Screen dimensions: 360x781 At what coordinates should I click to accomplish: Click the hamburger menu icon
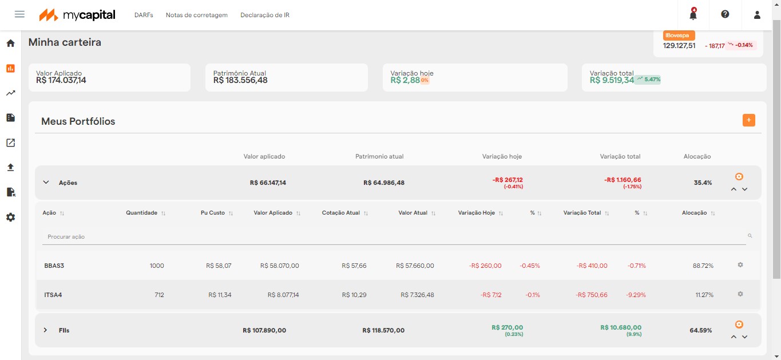19,14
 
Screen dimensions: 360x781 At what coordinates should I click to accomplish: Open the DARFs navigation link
144,15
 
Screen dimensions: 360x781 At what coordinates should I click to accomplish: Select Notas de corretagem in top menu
197,15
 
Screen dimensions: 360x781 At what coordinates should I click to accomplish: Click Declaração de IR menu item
265,15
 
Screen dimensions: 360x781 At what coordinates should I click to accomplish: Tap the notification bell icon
693,15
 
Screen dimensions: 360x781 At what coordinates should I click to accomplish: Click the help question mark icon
725,14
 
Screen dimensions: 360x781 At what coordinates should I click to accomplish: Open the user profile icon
757,15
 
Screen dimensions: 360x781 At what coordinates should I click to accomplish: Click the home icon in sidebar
10,43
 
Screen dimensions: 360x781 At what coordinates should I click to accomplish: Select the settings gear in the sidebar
10,217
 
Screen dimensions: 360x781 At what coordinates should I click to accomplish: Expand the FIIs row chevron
46,330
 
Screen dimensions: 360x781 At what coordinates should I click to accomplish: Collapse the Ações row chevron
46,183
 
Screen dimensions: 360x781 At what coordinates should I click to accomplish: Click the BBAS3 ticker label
54,266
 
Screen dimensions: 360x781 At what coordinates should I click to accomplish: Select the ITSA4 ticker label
53,295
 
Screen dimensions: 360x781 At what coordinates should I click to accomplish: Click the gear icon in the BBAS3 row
740,265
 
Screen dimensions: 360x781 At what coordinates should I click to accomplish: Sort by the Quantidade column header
142,213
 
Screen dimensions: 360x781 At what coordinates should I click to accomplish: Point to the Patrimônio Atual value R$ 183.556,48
240,81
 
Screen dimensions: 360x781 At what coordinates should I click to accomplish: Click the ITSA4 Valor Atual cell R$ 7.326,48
417,295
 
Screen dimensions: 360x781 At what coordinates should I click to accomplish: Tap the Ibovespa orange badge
679,35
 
